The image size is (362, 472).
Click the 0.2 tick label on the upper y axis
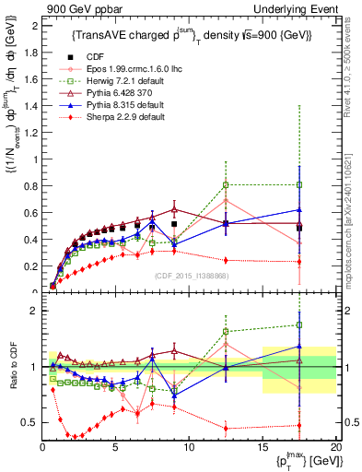[29, 265]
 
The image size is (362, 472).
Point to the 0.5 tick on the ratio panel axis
[29, 422]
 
